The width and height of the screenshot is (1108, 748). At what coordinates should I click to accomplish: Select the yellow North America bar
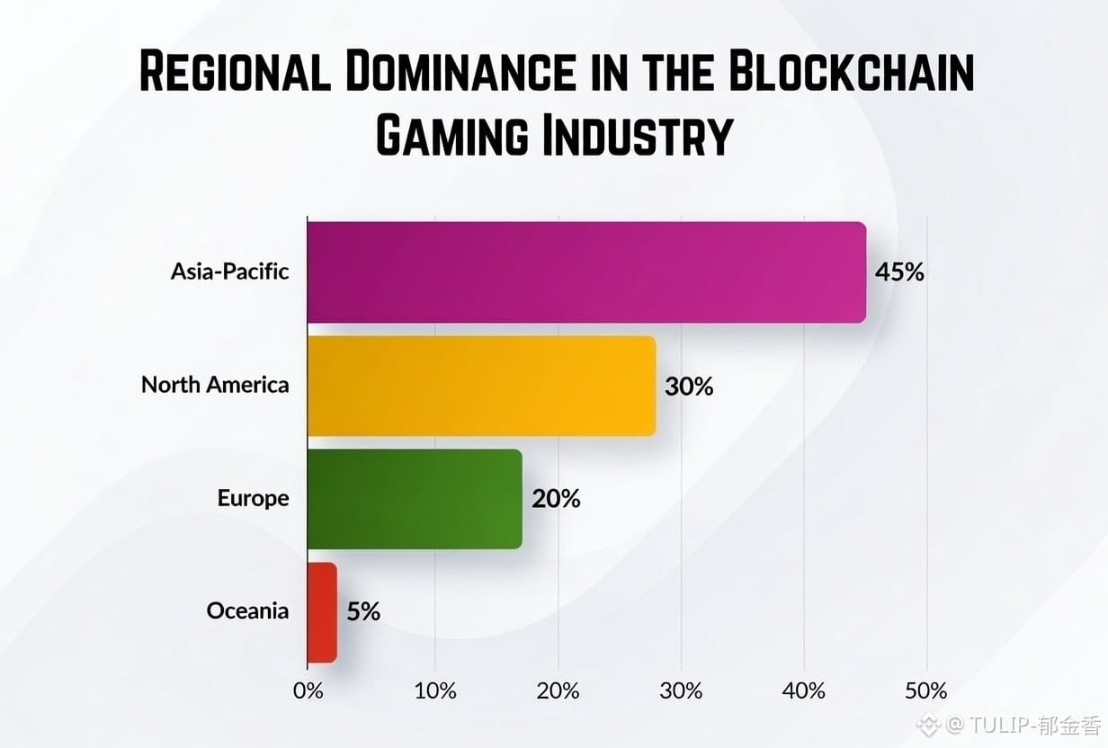[x=481, y=386]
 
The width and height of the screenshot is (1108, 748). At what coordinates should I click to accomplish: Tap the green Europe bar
[x=415, y=498]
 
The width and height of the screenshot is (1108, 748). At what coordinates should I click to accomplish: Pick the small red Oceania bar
[x=322, y=612]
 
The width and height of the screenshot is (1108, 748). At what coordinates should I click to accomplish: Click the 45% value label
[x=899, y=272]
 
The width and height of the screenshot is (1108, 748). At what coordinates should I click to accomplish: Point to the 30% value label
[x=689, y=387]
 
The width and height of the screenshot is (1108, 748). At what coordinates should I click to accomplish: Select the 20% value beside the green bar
[x=556, y=498]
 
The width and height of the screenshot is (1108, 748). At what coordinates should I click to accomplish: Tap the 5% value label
[x=363, y=612]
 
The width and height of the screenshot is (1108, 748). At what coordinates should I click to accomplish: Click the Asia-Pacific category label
[x=230, y=271]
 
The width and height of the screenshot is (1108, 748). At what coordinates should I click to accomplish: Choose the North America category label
[x=215, y=386]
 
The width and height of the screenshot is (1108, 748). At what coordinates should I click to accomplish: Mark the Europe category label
[x=253, y=498]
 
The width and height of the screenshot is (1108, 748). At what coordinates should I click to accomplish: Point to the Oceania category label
[x=247, y=611]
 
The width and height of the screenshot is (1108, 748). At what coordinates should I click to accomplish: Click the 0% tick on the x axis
[x=308, y=691]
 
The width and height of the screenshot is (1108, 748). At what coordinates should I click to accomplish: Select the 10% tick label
[x=435, y=691]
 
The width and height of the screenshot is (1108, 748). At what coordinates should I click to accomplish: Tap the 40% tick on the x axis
[x=803, y=691]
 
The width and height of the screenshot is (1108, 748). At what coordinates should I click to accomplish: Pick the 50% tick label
[x=926, y=691]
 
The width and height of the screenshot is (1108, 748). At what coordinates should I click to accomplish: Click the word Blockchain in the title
[x=851, y=74]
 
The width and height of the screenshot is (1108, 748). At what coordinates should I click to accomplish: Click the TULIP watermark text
[x=1025, y=725]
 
